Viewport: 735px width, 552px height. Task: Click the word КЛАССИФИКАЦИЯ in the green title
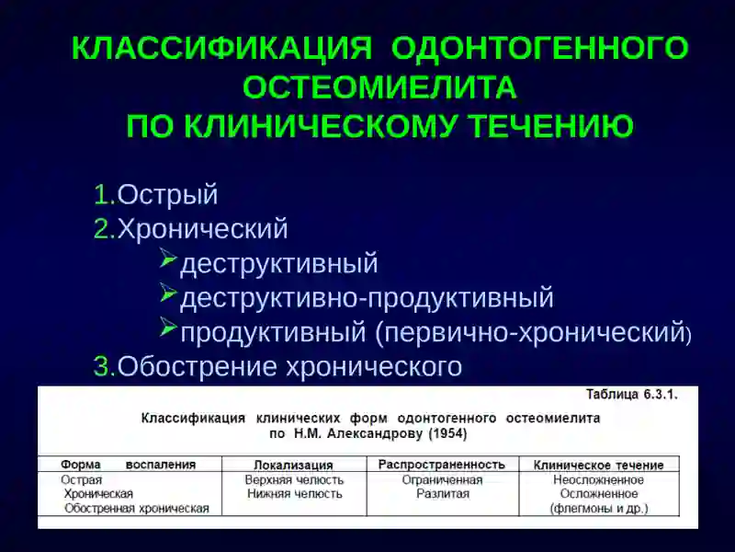click(x=221, y=49)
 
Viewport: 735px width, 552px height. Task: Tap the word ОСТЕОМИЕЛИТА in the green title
click(x=379, y=87)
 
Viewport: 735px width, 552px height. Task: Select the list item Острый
click(x=167, y=195)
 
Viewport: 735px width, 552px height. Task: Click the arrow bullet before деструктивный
click(x=167, y=260)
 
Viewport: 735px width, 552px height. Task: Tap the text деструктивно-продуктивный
click(x=367, y=298)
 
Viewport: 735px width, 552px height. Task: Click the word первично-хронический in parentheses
click(x=535, y=332)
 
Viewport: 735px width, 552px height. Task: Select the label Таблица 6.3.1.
click(x=631, y=395)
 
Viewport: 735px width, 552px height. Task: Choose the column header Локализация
click(x=293, y=466)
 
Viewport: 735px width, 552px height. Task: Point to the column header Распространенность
click(x=442, y=465)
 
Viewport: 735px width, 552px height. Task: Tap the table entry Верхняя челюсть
click(x=294, y=480)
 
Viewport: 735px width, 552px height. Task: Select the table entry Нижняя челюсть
click(x=294, y=494)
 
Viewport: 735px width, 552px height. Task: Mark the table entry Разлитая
click(x=442, y=494)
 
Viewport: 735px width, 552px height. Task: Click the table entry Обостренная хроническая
click(x=136, y=508)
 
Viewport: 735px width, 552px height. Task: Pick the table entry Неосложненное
click(x=598, y=480)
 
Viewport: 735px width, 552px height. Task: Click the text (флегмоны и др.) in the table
click(x=598, y=508)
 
